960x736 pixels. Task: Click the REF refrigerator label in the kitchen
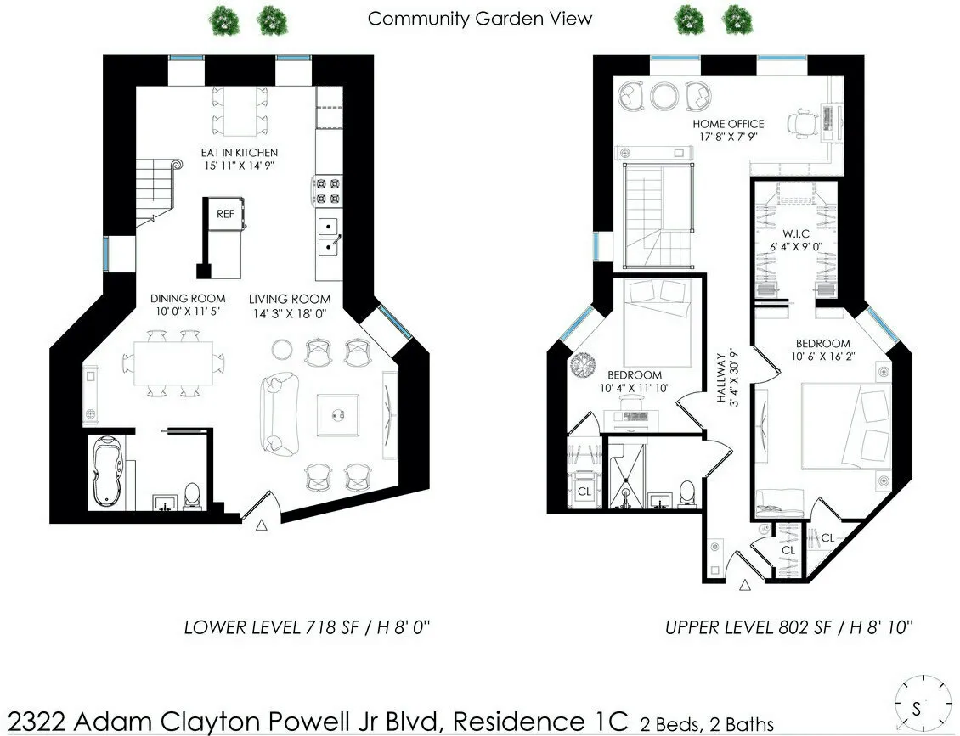point(224,214)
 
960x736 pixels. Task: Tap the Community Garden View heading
point(479,18)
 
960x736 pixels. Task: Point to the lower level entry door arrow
point(262,526)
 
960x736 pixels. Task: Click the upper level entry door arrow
point(746,584)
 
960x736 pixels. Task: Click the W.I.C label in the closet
point(796,232)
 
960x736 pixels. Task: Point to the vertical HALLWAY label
point(722,377)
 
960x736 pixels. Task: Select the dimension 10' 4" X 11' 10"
point(635,389)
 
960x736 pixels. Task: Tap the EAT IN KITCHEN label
point(239,152)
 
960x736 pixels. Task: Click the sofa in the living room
point(280,413)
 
